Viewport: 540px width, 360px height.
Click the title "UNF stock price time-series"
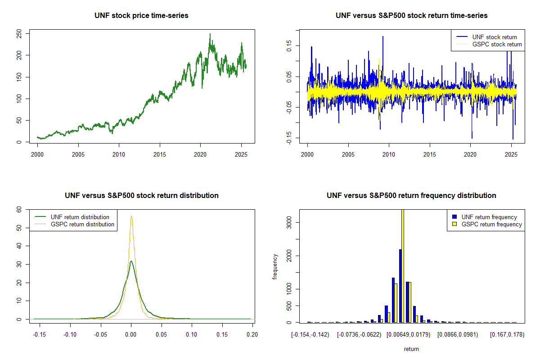(141, 16)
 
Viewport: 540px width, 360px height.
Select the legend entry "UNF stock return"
(494, 37)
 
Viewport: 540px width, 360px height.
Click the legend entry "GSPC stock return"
(497, 44)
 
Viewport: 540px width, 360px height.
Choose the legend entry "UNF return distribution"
(80, 217)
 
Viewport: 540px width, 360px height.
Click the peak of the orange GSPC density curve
(131, 216)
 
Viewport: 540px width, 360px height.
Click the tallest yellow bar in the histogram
(402, 265)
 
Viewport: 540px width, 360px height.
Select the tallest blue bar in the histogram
(400, 286)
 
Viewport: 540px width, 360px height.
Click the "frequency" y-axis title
(275, 266)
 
